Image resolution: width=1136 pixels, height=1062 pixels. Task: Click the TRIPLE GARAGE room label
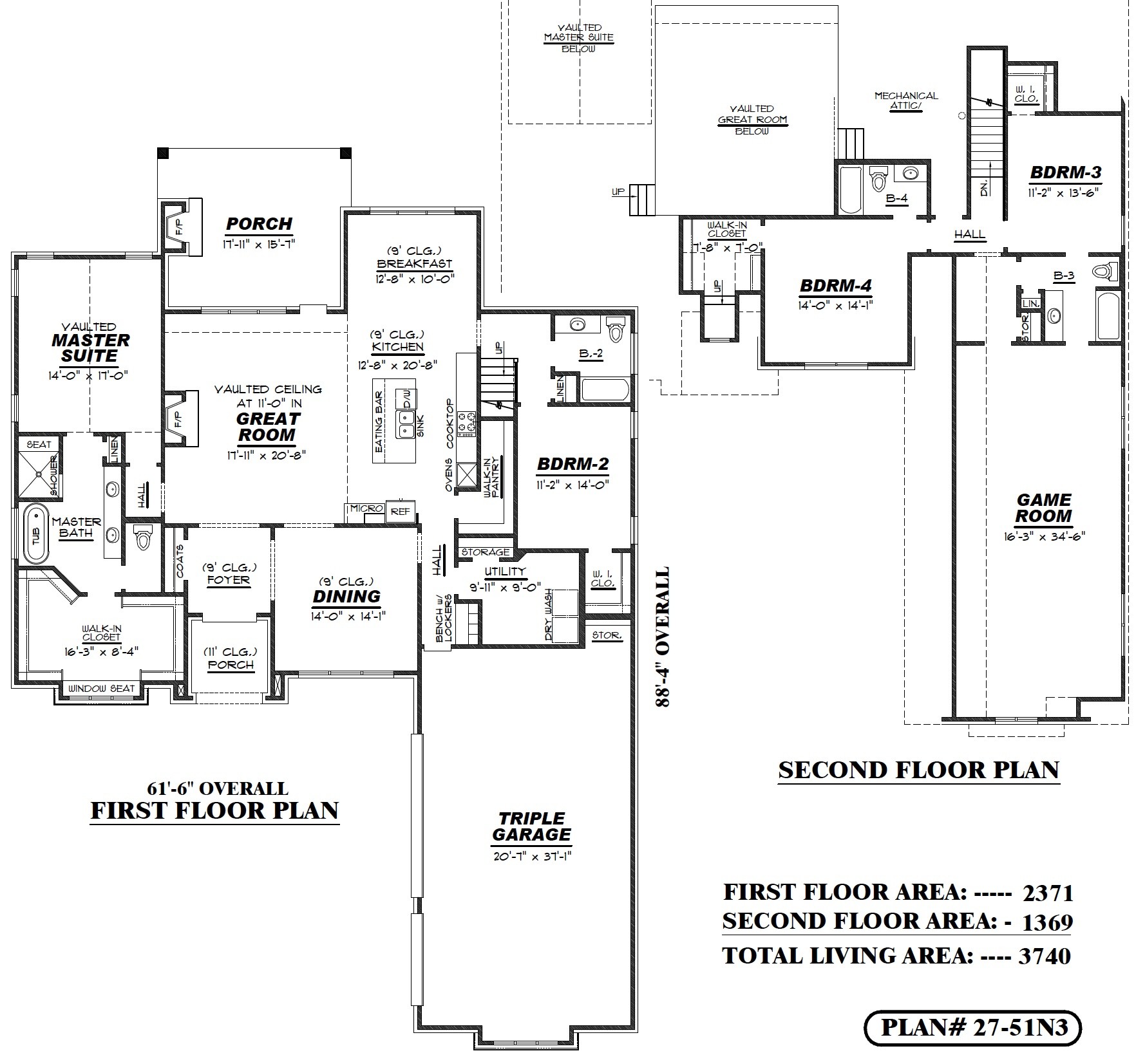[x=531, y=827]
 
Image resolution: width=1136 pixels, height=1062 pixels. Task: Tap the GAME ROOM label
[x=1044, y=508]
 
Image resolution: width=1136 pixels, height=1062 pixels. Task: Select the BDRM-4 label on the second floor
[x=836, y=285]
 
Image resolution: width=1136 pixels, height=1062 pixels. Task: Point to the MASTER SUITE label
[x=90, y=348]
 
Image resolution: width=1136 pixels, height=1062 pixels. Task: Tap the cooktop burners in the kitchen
[x=466, y=422]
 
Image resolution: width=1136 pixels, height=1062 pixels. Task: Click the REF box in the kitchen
[x=400, y=512]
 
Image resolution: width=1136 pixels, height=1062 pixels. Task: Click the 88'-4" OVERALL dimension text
[x=662, y=637]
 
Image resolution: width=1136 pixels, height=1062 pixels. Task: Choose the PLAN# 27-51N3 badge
[x=972, y=1027]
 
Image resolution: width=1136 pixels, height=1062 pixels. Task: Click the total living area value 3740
[x=1044, y=956]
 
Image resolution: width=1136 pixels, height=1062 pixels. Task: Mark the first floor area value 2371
[x=1048, y=893]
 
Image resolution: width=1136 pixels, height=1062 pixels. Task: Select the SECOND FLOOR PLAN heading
[x=918, y=770]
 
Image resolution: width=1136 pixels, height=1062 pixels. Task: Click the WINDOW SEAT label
[x=102, y=688]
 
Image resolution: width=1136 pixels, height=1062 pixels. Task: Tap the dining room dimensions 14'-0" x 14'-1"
[x=347, y=617]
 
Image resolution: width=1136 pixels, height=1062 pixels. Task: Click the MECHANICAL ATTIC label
[x=906, y=101]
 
